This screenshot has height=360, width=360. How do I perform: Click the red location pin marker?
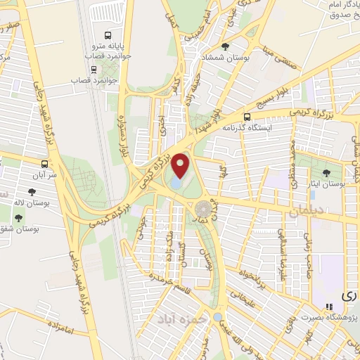click(x=181, y=165)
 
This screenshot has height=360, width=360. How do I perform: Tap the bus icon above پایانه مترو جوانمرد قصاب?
click(x=107, y=36)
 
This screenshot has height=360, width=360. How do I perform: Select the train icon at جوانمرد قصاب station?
click(x=94, y=70)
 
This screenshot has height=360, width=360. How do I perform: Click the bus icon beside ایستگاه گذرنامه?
click(x=247, y=117)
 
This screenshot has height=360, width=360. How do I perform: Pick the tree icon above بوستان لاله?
click(x=30, y=191)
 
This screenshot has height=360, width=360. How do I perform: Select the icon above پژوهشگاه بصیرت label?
click(x=328, y=307)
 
